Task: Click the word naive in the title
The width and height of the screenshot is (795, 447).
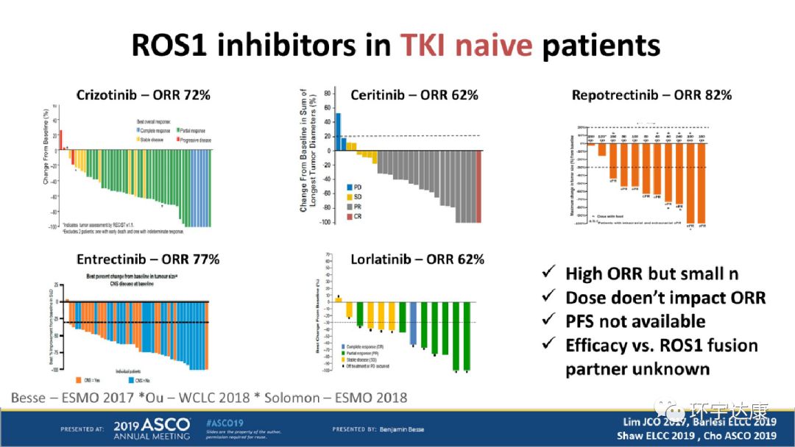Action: [466, 46]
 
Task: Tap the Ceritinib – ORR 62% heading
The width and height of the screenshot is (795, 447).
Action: [414, 95]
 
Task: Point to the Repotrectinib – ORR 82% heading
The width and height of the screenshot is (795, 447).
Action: [651, 95]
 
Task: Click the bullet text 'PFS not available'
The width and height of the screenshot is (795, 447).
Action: [635, 321]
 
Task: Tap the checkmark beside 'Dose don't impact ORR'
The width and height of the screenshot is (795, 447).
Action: [548, 297]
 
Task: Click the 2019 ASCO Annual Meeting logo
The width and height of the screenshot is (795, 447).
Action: [151, 429]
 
